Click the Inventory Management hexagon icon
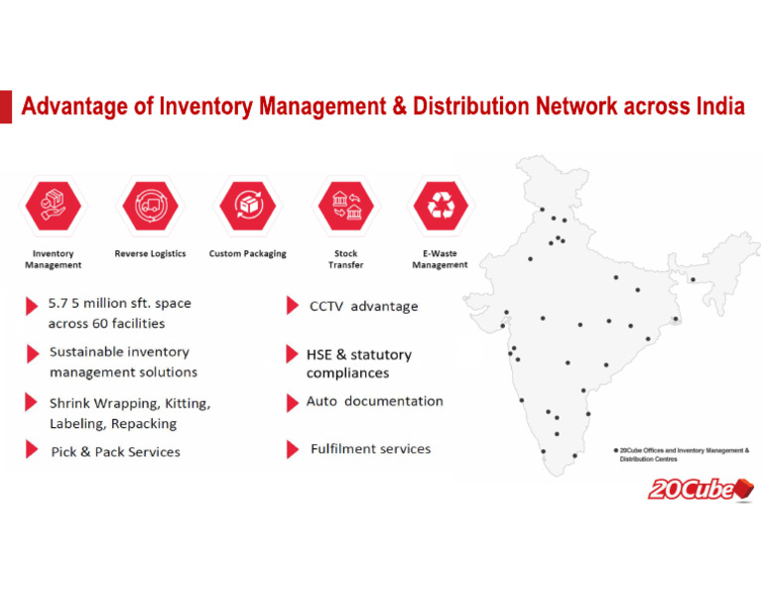coord(52,207)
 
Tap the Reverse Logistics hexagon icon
coord(150,207)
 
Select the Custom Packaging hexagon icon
coord(247,207)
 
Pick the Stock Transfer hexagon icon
coord(345,207)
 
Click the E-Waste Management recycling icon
coord(440,207)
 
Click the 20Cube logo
coord(700,489)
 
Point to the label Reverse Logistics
coord(150,254)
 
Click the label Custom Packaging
coord(247,254)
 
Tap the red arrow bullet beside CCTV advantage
coord(293,306)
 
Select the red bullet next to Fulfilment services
coord(293,450)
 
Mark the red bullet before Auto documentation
coord(293,402)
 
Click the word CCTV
coord(326,307)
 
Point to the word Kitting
coord(186,404)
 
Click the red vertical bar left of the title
coord(5,106)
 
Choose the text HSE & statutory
coord(358,355)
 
